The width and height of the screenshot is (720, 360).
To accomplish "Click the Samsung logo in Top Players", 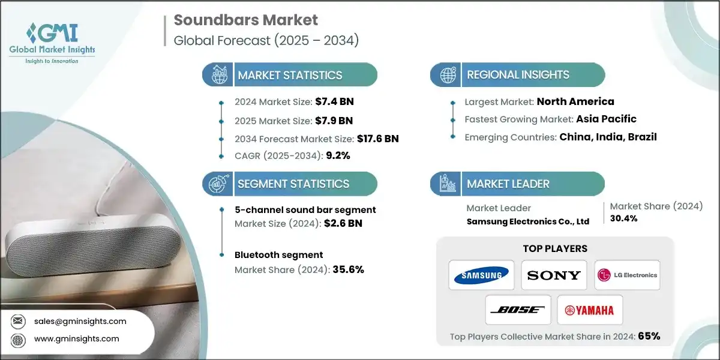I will tap(482, 275).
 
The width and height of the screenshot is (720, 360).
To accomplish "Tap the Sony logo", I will tap(554, 275).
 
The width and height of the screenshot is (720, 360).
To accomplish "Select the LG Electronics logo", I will tap(627, 275).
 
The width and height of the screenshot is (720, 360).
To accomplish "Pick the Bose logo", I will tap(517, 310).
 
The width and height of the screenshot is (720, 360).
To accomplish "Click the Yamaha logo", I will tap(590, 310).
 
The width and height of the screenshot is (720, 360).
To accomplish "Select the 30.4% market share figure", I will tap(624, 218).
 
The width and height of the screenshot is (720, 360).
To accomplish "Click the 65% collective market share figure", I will tap(649, 336).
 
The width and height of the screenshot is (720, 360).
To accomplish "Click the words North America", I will tap(575, 101).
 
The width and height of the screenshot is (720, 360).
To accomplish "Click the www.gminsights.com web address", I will tap(77, 339).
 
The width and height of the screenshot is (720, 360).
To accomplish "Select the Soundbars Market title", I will tap(245, 20).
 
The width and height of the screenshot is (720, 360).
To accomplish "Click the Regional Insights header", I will tap(518, 75).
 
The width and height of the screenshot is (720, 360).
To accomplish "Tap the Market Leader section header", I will tap(508, 184).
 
